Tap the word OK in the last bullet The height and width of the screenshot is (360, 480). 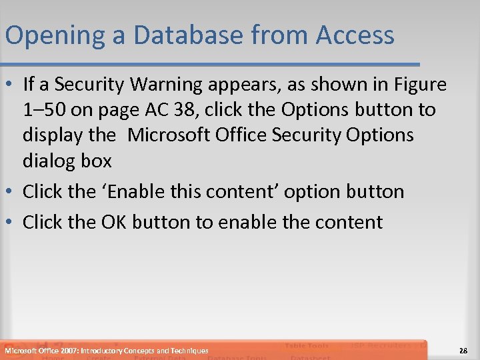[x=114, y=222]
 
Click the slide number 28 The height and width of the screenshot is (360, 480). [x=464, y=351]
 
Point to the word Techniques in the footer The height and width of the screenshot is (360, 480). [x=189, y=351]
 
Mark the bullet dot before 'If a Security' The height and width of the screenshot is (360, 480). [x=11, y=85]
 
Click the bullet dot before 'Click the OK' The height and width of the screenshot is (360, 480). [x=11, y=223]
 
